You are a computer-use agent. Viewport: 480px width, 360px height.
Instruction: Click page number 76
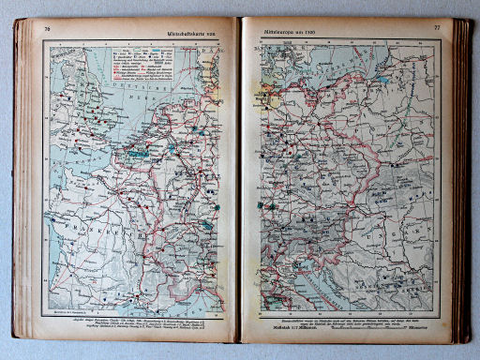(x=46, y=29)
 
